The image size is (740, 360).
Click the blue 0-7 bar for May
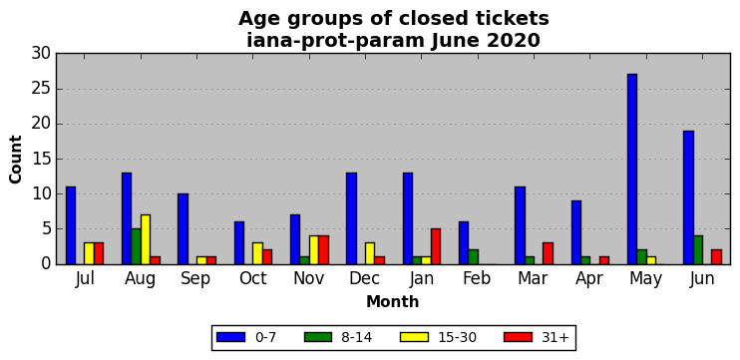(x=632, y=169)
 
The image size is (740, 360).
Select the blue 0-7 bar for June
(x=688, y=197)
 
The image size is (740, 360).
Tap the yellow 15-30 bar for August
(x=146, y=239)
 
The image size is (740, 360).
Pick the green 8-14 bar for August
(x=136, y=246)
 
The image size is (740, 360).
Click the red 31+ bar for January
(x=436, y=246)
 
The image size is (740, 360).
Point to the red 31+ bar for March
(x=548, y=254)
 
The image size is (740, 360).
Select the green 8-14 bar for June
(x=697, y=250)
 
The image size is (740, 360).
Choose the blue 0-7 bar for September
(x=183, y=228)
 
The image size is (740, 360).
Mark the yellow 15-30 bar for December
(x=370, y=254)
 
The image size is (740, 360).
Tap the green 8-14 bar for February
(x=473, y=257)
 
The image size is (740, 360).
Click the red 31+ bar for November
(x=323, y=250)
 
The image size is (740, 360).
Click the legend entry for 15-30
(x=439, y=337)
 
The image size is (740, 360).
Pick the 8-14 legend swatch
(x=318, y=337)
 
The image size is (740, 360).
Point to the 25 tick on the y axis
(x=41, y=89)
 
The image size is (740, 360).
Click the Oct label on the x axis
(x=253, y=278)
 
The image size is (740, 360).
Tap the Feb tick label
(x=478, y=278)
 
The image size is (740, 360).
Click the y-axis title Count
(x=16, y=159)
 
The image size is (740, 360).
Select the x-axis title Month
(x=393, y=301)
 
